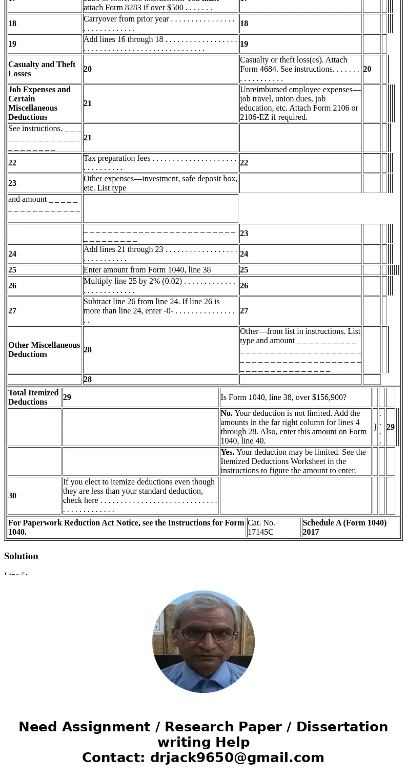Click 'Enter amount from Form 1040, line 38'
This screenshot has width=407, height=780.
pyautogui.click(x=147, y=270)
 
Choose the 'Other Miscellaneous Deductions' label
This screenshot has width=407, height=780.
pyautogui.click(x=44, y=350)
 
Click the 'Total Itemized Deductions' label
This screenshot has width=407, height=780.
pyautogui.click(x=33, y=397)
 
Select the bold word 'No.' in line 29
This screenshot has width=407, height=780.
pyautogui.click(x=227, y=413)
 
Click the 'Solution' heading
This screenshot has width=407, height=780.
pyautogui.click(x=21, y=556)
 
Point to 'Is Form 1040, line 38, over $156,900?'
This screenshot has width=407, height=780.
pyautogui.click(x=283, y=397)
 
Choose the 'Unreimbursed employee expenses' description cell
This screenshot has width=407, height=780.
pyautogui.click(x=300, y=103)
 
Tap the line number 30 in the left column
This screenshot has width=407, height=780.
pyautogui.click(x=12, y=496)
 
